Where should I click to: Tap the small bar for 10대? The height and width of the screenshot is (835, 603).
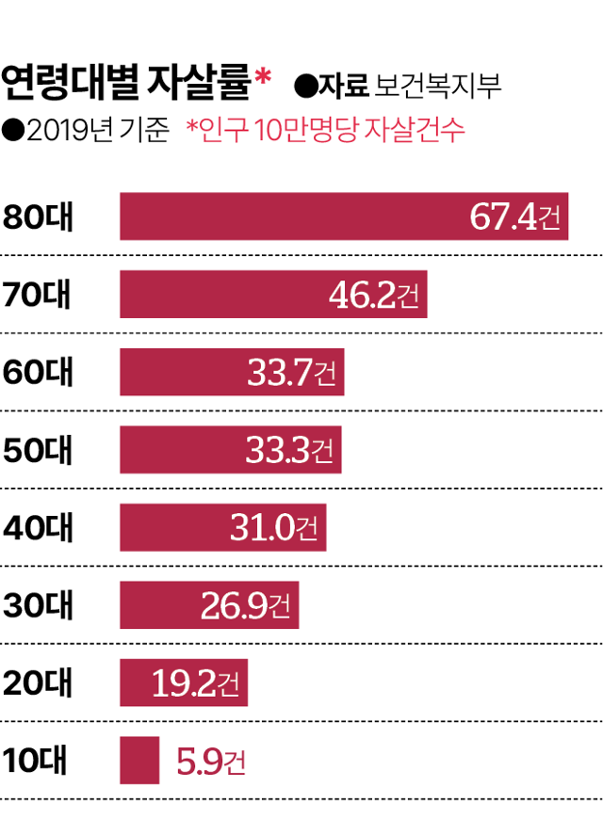pyautogui.click(x=139, y=760)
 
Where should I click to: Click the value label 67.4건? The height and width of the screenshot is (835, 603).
pyautogui.click(x=514, y=217)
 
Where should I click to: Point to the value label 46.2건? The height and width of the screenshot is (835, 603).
pyautogui.click(x=374, y=296)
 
